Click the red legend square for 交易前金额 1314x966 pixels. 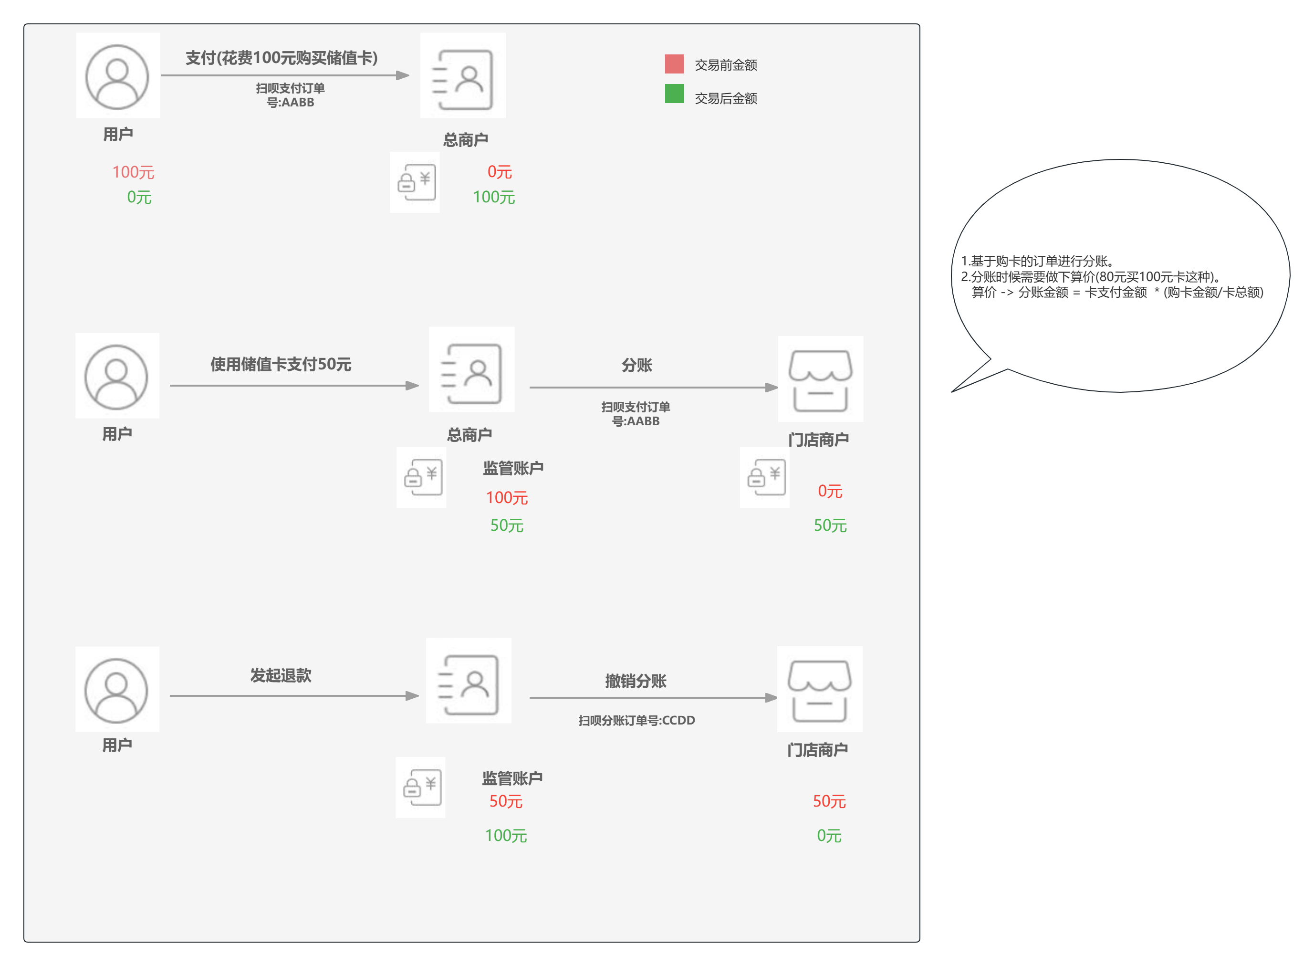[674, 64]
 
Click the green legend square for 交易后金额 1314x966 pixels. [674, 94]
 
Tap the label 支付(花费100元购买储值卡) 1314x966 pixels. [281, 58]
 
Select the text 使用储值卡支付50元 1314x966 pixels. [281, 364]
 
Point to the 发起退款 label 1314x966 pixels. [281, 675]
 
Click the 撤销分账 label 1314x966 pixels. [636, 681]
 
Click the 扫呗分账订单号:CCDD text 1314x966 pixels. [636, 720]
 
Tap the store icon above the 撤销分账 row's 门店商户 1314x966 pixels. [820, 689]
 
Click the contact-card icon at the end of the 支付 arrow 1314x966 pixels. [463, 76]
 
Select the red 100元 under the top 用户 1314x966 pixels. [133, 172]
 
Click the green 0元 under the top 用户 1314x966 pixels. [139, 197]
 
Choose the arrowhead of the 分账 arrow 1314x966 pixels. [772, 387]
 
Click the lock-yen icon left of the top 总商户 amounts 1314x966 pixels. [415, 182]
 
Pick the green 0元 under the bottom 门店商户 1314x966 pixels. [829, 836]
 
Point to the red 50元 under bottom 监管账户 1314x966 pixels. [506, 801]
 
